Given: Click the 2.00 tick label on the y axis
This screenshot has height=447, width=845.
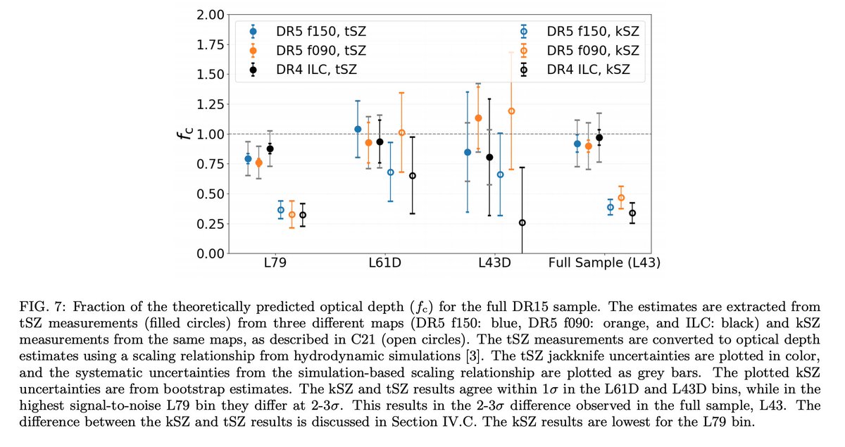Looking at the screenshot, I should [x=209, y=15].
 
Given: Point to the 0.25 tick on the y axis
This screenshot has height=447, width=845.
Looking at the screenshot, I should [x=209, y=224].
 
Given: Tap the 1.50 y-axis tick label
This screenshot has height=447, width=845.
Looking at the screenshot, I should [x=209, y=75].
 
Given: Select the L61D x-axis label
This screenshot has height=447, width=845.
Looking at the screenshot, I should [x=385, y=263].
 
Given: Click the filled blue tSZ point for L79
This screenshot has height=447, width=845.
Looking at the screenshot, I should [x=248, y=159].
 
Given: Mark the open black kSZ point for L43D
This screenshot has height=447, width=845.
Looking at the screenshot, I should [x=522, y=222].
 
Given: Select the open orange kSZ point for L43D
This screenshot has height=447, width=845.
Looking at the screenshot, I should [x=511, y=111].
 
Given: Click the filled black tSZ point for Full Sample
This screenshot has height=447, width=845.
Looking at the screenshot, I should [x=599, y=138].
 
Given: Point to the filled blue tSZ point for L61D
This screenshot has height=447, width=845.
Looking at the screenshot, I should [x=358, y=129].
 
